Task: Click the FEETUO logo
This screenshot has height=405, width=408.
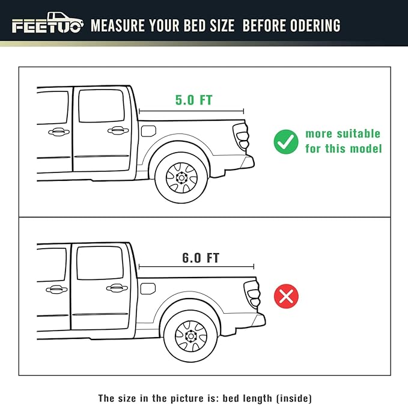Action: click(x=47, y=25)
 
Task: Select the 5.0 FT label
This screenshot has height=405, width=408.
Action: click(x=193, y=100)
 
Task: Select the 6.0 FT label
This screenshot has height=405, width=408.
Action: click(x=201, y=258)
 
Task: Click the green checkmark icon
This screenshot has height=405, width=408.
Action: click(x=285, y=142)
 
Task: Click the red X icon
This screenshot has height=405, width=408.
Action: click(x=286, y=296)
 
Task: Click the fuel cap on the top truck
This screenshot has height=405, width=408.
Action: click(x=147, y=130)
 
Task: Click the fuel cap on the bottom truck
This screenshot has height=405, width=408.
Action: click(x=148, y=288)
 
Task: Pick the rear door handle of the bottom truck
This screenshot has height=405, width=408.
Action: click(x=117, y=288)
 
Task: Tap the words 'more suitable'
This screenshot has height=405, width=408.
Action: click(x=343, y=133)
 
